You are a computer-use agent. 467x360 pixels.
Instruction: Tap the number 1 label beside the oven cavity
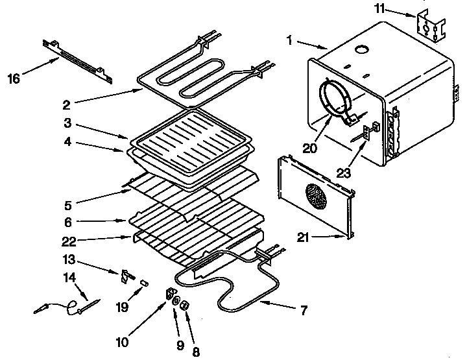click(x=289, y=40)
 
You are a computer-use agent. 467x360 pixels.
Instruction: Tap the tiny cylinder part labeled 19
click(x=145, y=283)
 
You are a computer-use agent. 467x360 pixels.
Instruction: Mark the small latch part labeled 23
click(x=367, y=132)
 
